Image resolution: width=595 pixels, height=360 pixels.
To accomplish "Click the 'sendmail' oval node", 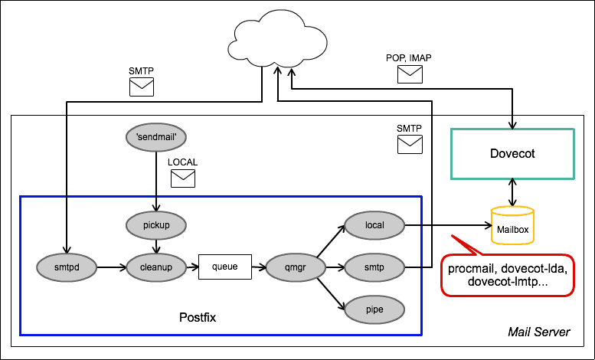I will coord(156,137).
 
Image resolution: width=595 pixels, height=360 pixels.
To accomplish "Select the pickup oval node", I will coord(156,225).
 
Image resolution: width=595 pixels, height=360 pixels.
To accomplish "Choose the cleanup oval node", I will coord(156,267).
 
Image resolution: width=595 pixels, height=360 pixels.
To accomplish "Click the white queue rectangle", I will coord(225,267).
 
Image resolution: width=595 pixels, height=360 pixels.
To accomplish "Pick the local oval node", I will coord(374,225).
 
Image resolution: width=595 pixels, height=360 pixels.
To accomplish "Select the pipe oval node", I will coord(374,309).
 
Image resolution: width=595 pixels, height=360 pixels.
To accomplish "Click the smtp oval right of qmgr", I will coord(374,267).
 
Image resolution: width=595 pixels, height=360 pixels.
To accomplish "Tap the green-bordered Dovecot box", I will coord(512,153).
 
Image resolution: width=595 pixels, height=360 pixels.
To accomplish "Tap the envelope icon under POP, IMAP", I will coord(410,74).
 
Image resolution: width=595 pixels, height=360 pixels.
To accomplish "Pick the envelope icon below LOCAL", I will coord(183,178).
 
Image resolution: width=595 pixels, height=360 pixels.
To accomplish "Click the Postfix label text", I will coord(198,316).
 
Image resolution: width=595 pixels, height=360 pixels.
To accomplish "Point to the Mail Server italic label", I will coord(539,332).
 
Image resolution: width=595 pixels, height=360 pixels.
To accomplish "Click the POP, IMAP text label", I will coord(410,58).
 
